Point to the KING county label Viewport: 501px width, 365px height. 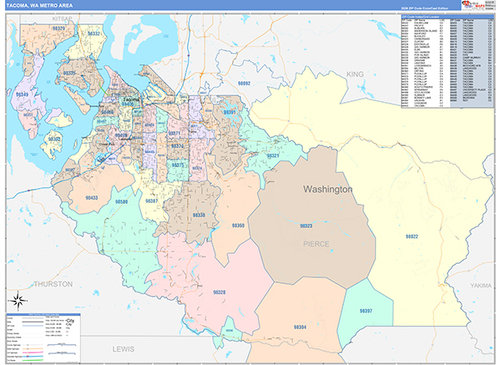coord(357,74)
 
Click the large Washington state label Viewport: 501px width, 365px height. coord(327,190)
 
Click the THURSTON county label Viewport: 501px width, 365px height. coord(53,284)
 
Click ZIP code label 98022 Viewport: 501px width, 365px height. coord(411,236)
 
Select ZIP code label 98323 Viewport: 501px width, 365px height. coord(306,226)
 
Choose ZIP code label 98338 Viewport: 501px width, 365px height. coord(199,215)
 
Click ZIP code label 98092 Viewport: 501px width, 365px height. coord(243,84)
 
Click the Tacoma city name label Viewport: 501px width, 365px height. coord(131,99)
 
